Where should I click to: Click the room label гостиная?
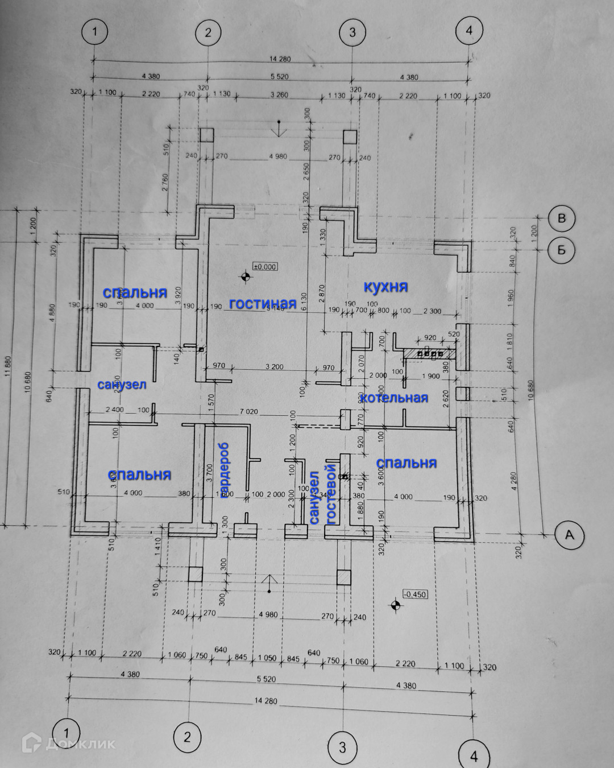(x=263, y=304)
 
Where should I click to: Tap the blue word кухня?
(x=386, y=286)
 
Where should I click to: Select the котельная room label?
(x=394, y=398)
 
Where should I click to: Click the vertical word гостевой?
(x=330, y=494)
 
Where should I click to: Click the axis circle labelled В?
(x=562, y=218)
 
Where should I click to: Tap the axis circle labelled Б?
(x=562, y=249)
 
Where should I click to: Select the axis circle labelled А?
(x=569, y=535)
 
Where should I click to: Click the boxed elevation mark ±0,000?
(x=264, y=266)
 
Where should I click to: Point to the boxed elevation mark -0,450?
(x=414, y=594)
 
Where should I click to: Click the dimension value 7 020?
(x=248, y=411)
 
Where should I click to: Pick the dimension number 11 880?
(x=7, y=369)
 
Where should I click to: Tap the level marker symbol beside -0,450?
(x=394, y=605)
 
